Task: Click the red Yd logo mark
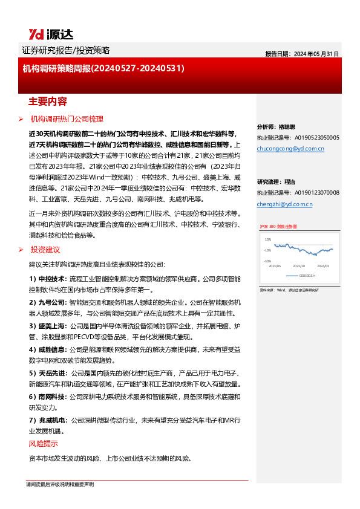[x=34, y=34]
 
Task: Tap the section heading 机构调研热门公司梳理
[x=67, y=119]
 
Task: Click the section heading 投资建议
[x=45, y=250]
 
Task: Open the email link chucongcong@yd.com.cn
[x=290, y=148]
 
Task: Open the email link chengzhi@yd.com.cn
[x=284, y=204]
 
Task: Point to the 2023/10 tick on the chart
[x=299, y=265]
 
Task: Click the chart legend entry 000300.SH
[x=308, y=275]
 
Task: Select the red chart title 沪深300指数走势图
[x=279, y=226]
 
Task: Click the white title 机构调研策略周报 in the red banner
[x=56, y=69]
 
